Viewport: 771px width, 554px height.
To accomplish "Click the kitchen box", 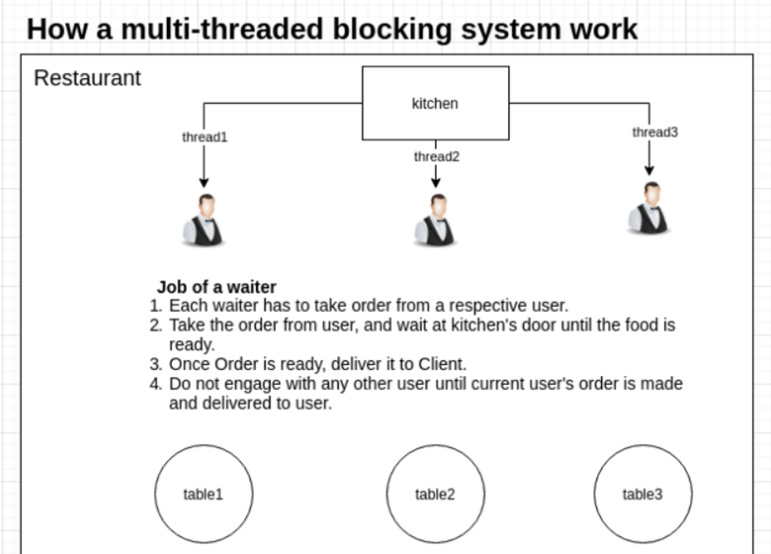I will pos(435,103).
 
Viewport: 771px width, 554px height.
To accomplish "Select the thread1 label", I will pos(205,138).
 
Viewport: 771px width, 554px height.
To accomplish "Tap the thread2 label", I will pos(436,156).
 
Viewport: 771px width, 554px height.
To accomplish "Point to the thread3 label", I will pos(654,133).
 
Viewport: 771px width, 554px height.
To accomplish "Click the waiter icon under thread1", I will pos(204,220).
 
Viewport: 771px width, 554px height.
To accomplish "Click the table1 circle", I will pos(204,494).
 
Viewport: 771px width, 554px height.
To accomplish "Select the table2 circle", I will pos(435,494).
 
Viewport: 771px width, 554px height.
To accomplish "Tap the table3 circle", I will pos(642,494).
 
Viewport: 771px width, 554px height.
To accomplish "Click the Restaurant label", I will pos(87,78).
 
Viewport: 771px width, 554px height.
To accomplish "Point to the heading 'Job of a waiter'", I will pos(215,288).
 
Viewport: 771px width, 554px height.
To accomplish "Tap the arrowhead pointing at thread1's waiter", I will pos(204,182).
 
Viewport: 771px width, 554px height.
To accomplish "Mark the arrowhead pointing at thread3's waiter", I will pos(649,170).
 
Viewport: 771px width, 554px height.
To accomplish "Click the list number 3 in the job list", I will pos(155,363).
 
